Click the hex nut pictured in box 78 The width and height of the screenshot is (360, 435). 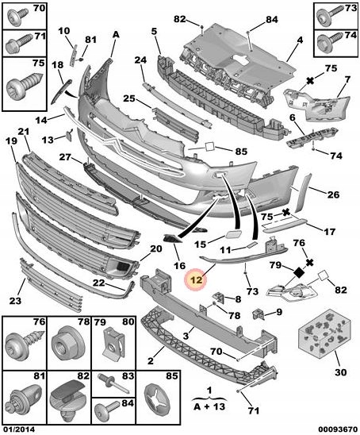tap(66, 346)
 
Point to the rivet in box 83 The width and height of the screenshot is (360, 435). tap(113, 384)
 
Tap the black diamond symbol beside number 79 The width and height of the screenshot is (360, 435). tap(299, 272)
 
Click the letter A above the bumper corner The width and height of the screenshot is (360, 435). tap(116, 35)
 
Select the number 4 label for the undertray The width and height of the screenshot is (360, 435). tap(301, 40)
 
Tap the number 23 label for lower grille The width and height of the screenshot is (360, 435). tap(15, 300)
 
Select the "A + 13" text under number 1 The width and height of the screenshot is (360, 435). tap(209, 406)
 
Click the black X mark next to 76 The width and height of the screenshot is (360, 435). tap(310, 262)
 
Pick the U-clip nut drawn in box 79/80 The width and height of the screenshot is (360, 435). tap(114, 343)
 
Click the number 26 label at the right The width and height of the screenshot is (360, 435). tap(333, 194)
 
